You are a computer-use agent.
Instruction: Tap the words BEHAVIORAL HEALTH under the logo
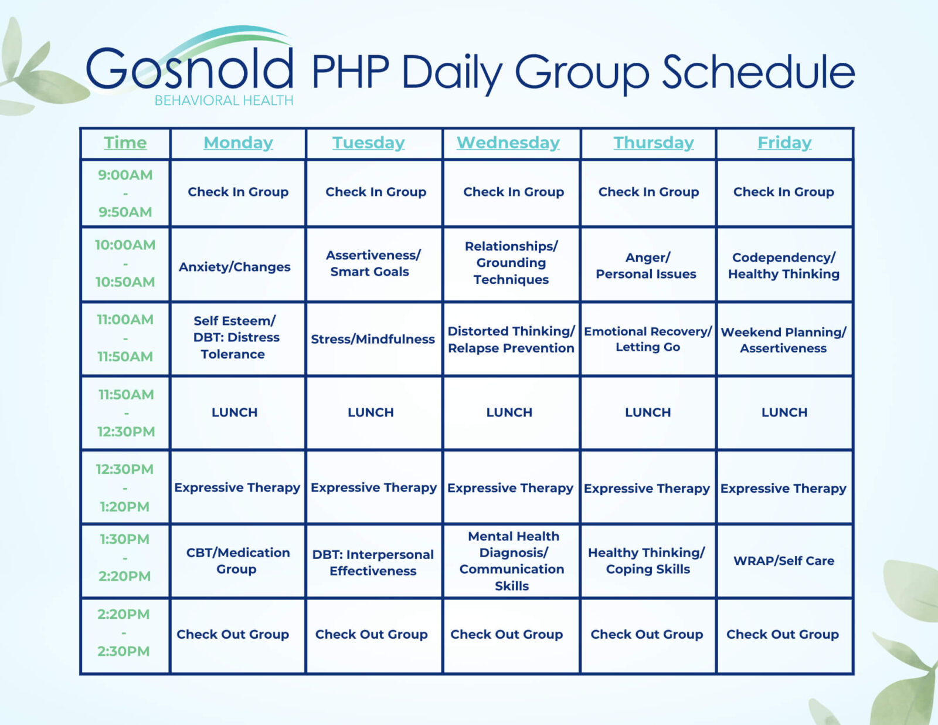223,101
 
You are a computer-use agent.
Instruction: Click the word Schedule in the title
758,73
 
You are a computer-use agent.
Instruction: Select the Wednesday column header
508,143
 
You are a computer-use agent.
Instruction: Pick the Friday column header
784,143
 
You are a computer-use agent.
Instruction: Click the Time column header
125,143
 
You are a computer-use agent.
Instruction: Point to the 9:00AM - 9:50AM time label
125,193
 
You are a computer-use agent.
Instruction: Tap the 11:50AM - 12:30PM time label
125,413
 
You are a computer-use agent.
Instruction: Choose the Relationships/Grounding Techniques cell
511,263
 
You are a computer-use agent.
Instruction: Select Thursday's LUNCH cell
648,412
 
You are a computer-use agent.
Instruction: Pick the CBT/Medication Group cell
237,561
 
